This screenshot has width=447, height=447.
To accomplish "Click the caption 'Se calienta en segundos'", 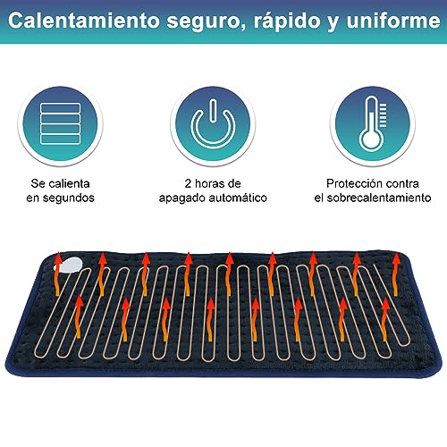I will [59, 189].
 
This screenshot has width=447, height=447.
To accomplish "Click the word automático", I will [237, 197].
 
